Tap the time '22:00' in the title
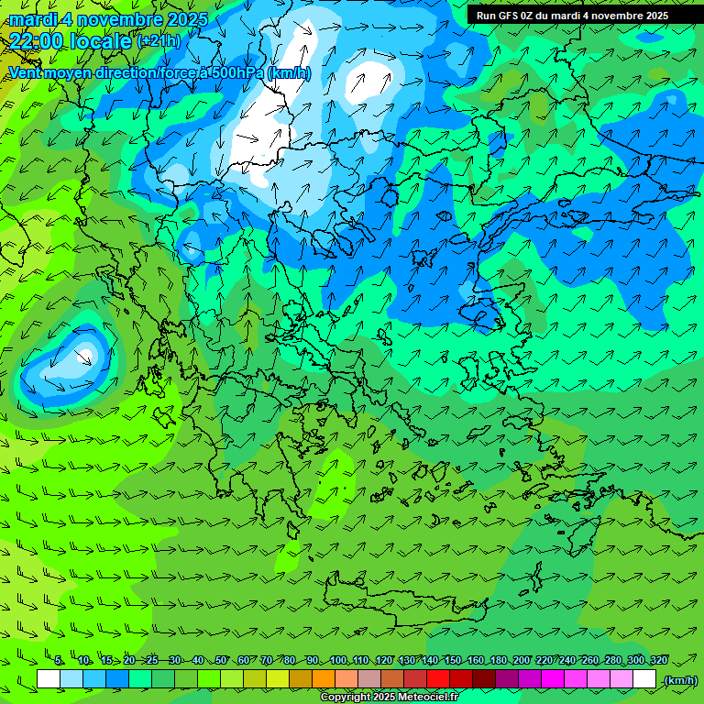pyautogui.click(x=38, y=41)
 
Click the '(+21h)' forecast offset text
pyautogui.click(x=159, y=41)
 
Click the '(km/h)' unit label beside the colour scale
pyautogui.click(x=680, y=680)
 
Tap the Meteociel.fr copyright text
pyautogui.click(x=389, y=698)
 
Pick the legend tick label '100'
pyautogui.click(x=339, y=660)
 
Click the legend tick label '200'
pyautogui.click(x=522, y=660)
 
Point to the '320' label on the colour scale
pyautogui.click(x=659, y=660)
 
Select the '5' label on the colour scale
pyautogui.click(x=59, y=660)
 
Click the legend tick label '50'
pyautogui.click(x=221, y=660)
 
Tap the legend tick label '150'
pyautogui.click(x=453, y=660)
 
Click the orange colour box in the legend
pyautogui.click(x=324, y=679)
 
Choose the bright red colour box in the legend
pyautogui.click(x=438, y=679)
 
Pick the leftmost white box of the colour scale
pyautogui.click(x=49, y=679)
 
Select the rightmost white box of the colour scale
pyautogui.click(x=644, y=679)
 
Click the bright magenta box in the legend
pyautogui.click(x=553, y=679)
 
